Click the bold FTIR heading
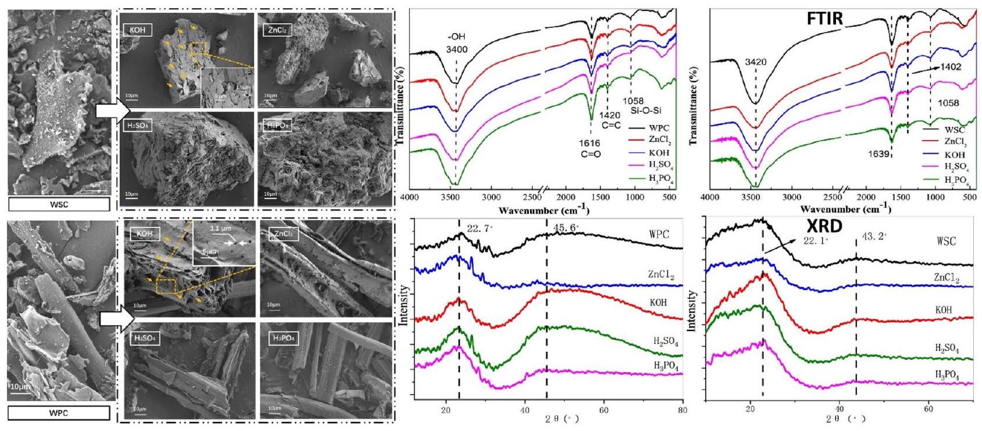824,18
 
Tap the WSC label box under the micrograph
59,204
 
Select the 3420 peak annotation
755,62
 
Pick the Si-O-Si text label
646,110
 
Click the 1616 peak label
590,143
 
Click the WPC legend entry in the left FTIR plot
658,127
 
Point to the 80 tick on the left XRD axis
682,410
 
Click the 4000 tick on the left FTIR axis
410,197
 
